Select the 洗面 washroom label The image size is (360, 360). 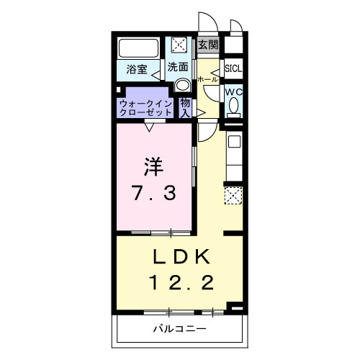[179, 67]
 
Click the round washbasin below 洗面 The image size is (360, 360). [181, 84]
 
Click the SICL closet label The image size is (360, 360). [233, 69]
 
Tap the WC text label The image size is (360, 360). [233, 93]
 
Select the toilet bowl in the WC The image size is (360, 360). [233, 108]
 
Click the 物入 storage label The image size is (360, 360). [185, 108]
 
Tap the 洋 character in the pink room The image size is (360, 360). [152, 167]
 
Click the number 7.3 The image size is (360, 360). [153, 193]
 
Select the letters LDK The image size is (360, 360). [180, 257]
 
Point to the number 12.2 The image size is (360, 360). [181, 282]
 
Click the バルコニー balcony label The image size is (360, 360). [179, 329]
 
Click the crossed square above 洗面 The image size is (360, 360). [179, 45]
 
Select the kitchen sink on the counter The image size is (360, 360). [235, 142]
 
